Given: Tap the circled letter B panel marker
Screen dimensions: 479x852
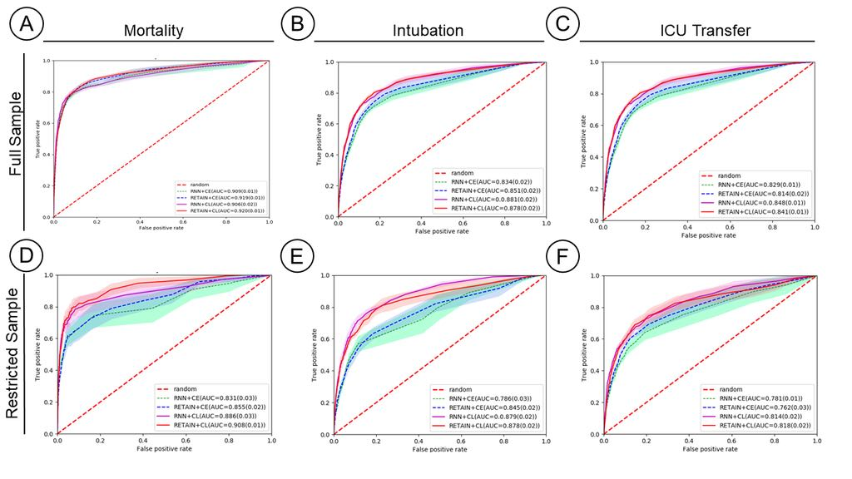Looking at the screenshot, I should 297,25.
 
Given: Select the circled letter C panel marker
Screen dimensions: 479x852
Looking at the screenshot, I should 562,25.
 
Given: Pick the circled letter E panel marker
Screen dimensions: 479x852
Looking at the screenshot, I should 297,260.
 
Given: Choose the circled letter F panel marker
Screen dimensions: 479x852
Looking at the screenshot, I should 562,260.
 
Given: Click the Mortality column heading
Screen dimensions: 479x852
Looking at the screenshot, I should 153,31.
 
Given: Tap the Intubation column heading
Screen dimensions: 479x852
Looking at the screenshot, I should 428,31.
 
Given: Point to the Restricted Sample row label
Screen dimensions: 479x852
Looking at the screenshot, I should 17,353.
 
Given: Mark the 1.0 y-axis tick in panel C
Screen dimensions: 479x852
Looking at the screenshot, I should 593,62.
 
